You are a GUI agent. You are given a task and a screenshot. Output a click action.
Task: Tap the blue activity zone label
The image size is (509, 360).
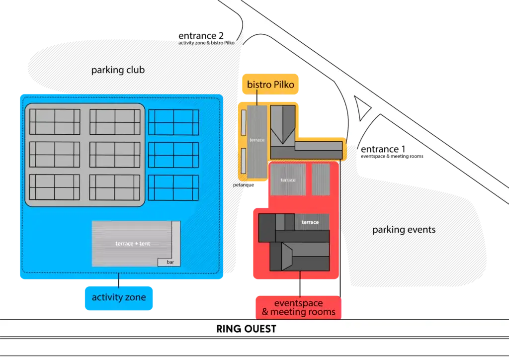[x=119, y=297]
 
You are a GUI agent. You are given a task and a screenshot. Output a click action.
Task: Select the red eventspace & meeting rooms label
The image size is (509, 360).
[x=298, y=308]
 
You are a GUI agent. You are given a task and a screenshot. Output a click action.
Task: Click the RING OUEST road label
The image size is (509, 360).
[x=246, y=329]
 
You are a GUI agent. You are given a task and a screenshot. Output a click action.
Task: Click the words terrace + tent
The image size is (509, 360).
[x=133, y=244]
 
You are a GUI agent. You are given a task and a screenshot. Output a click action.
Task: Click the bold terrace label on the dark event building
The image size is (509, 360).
[x=310, y=222]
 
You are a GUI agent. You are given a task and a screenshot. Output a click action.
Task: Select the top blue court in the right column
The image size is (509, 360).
[x=173, y=122]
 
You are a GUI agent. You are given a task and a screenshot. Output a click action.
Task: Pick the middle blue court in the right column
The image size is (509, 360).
[x=173, y=155]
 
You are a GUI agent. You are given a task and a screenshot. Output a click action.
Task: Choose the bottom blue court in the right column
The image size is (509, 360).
[x=173, y=187]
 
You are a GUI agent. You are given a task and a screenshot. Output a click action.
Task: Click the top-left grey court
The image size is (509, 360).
[x=55, y=122]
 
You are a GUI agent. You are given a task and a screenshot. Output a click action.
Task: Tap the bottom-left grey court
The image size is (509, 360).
[x=55, y=187]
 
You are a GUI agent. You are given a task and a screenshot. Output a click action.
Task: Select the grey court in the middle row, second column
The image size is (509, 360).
[x=115, y=155]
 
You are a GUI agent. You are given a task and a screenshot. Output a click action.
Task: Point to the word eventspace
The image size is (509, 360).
[x=298, y=303]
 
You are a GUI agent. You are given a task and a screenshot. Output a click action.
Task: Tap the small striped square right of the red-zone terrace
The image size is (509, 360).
[x=321, y=180]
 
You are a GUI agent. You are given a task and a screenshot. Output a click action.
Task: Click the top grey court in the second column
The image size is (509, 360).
[x=115, y=122]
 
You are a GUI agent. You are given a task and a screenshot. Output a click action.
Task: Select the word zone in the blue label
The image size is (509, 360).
[x=134, y=297]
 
